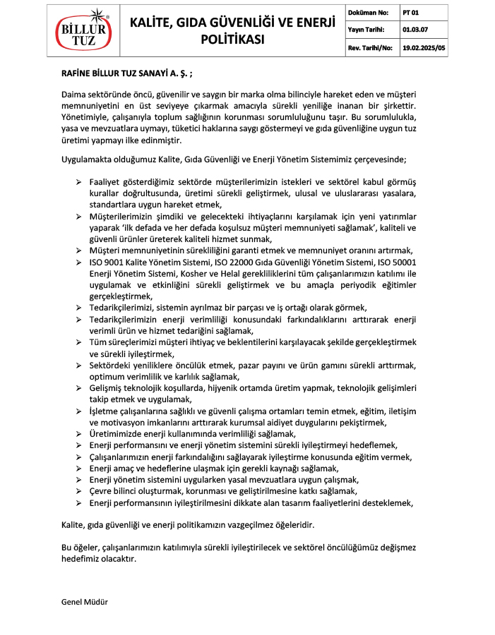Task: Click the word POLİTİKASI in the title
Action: (232, 40)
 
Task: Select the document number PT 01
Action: (410, 13)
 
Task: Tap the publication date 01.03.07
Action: (415, 30)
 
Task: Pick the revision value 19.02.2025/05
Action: (424, 47)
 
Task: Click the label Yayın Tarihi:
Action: (365, 30)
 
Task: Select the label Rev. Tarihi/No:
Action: (369, 47)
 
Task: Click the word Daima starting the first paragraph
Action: (74, 93)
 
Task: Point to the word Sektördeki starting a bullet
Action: (111, 365)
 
